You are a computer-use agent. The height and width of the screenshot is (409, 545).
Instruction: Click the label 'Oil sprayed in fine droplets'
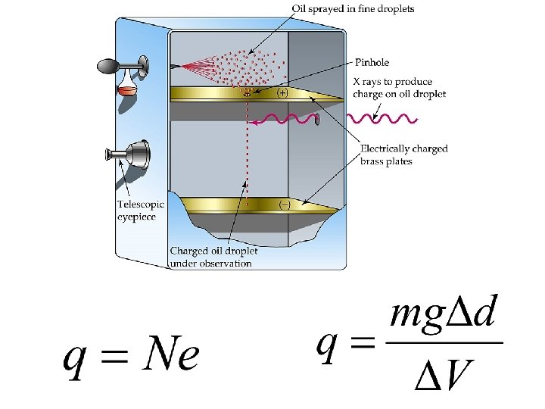(353, 8)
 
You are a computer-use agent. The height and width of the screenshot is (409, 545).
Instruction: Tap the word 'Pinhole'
(372, 62)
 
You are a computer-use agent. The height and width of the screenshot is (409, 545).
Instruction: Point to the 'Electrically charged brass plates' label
(403, 155)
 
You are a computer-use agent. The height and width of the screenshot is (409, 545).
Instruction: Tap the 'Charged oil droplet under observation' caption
(213, 257)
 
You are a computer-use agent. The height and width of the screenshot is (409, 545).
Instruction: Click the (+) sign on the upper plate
(282, 93)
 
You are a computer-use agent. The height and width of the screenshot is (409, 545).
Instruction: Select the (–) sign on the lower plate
(285, 204)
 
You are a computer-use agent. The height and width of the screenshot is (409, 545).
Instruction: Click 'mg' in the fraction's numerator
(413, 316)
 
